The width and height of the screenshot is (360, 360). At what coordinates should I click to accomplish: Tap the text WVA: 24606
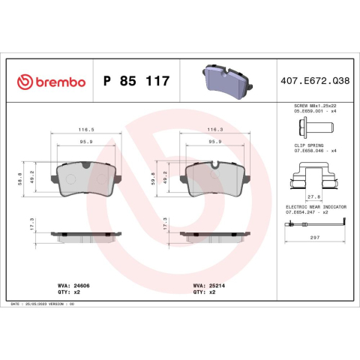tap(72, 285)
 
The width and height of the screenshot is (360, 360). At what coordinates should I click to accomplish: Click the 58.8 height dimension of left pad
tap(19, 181)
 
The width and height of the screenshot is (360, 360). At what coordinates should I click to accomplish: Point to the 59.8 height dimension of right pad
tap(154, 181)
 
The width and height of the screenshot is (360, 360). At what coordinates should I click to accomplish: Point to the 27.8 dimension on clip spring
tap(313, 196)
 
